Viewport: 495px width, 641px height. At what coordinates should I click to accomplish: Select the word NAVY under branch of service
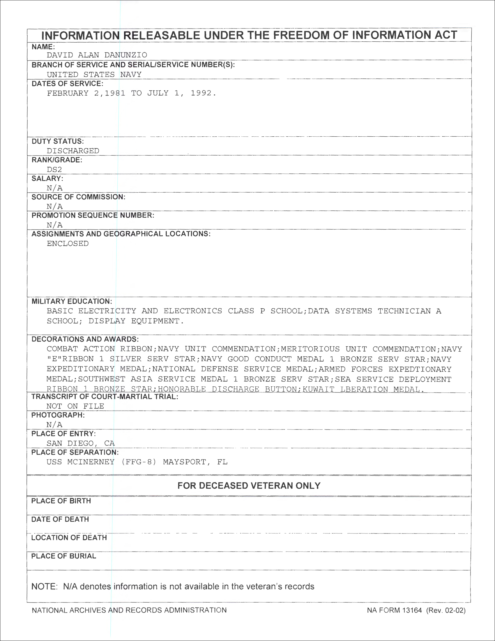(131, 75)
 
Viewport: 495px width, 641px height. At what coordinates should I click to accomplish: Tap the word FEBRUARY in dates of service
(68, 93)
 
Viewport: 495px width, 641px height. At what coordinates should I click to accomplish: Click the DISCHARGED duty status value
(73, 151)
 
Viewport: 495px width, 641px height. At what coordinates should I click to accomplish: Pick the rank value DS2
(54, 170)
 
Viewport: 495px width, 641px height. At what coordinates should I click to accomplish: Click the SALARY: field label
(47, 178)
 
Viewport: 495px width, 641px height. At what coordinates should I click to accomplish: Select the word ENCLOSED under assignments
(68, 244)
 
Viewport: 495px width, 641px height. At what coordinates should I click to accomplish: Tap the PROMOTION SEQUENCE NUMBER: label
(93, 215)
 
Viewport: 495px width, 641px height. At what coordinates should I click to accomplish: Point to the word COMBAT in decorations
(62, 349)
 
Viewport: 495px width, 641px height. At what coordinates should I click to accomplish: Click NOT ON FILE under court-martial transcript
(75, 406)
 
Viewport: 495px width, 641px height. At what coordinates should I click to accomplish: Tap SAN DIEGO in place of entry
(70, 443)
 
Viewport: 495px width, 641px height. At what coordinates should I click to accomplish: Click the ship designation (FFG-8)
(139, 462)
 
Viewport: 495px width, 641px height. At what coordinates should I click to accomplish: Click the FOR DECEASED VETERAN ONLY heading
(249, 486)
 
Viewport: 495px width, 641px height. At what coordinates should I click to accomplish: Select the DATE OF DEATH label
(60, 519)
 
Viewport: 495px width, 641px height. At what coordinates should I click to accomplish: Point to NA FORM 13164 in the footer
(394, 610)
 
